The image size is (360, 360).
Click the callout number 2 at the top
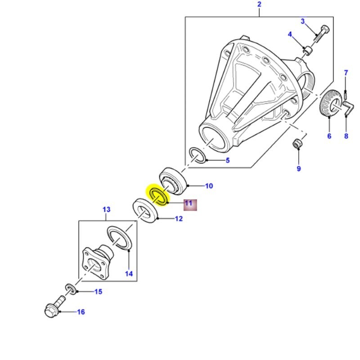coord(259,5)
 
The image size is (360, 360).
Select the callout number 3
coord(303,21)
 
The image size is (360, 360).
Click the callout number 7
coord(346,72)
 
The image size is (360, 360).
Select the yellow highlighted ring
coord(158,195)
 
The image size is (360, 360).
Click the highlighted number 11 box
coord(189,204)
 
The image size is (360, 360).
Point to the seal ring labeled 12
coord(145,212)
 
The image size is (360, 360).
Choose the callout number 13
coord(106,209)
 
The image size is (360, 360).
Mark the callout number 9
coord(298,169)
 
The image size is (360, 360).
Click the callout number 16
coord(81,312)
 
